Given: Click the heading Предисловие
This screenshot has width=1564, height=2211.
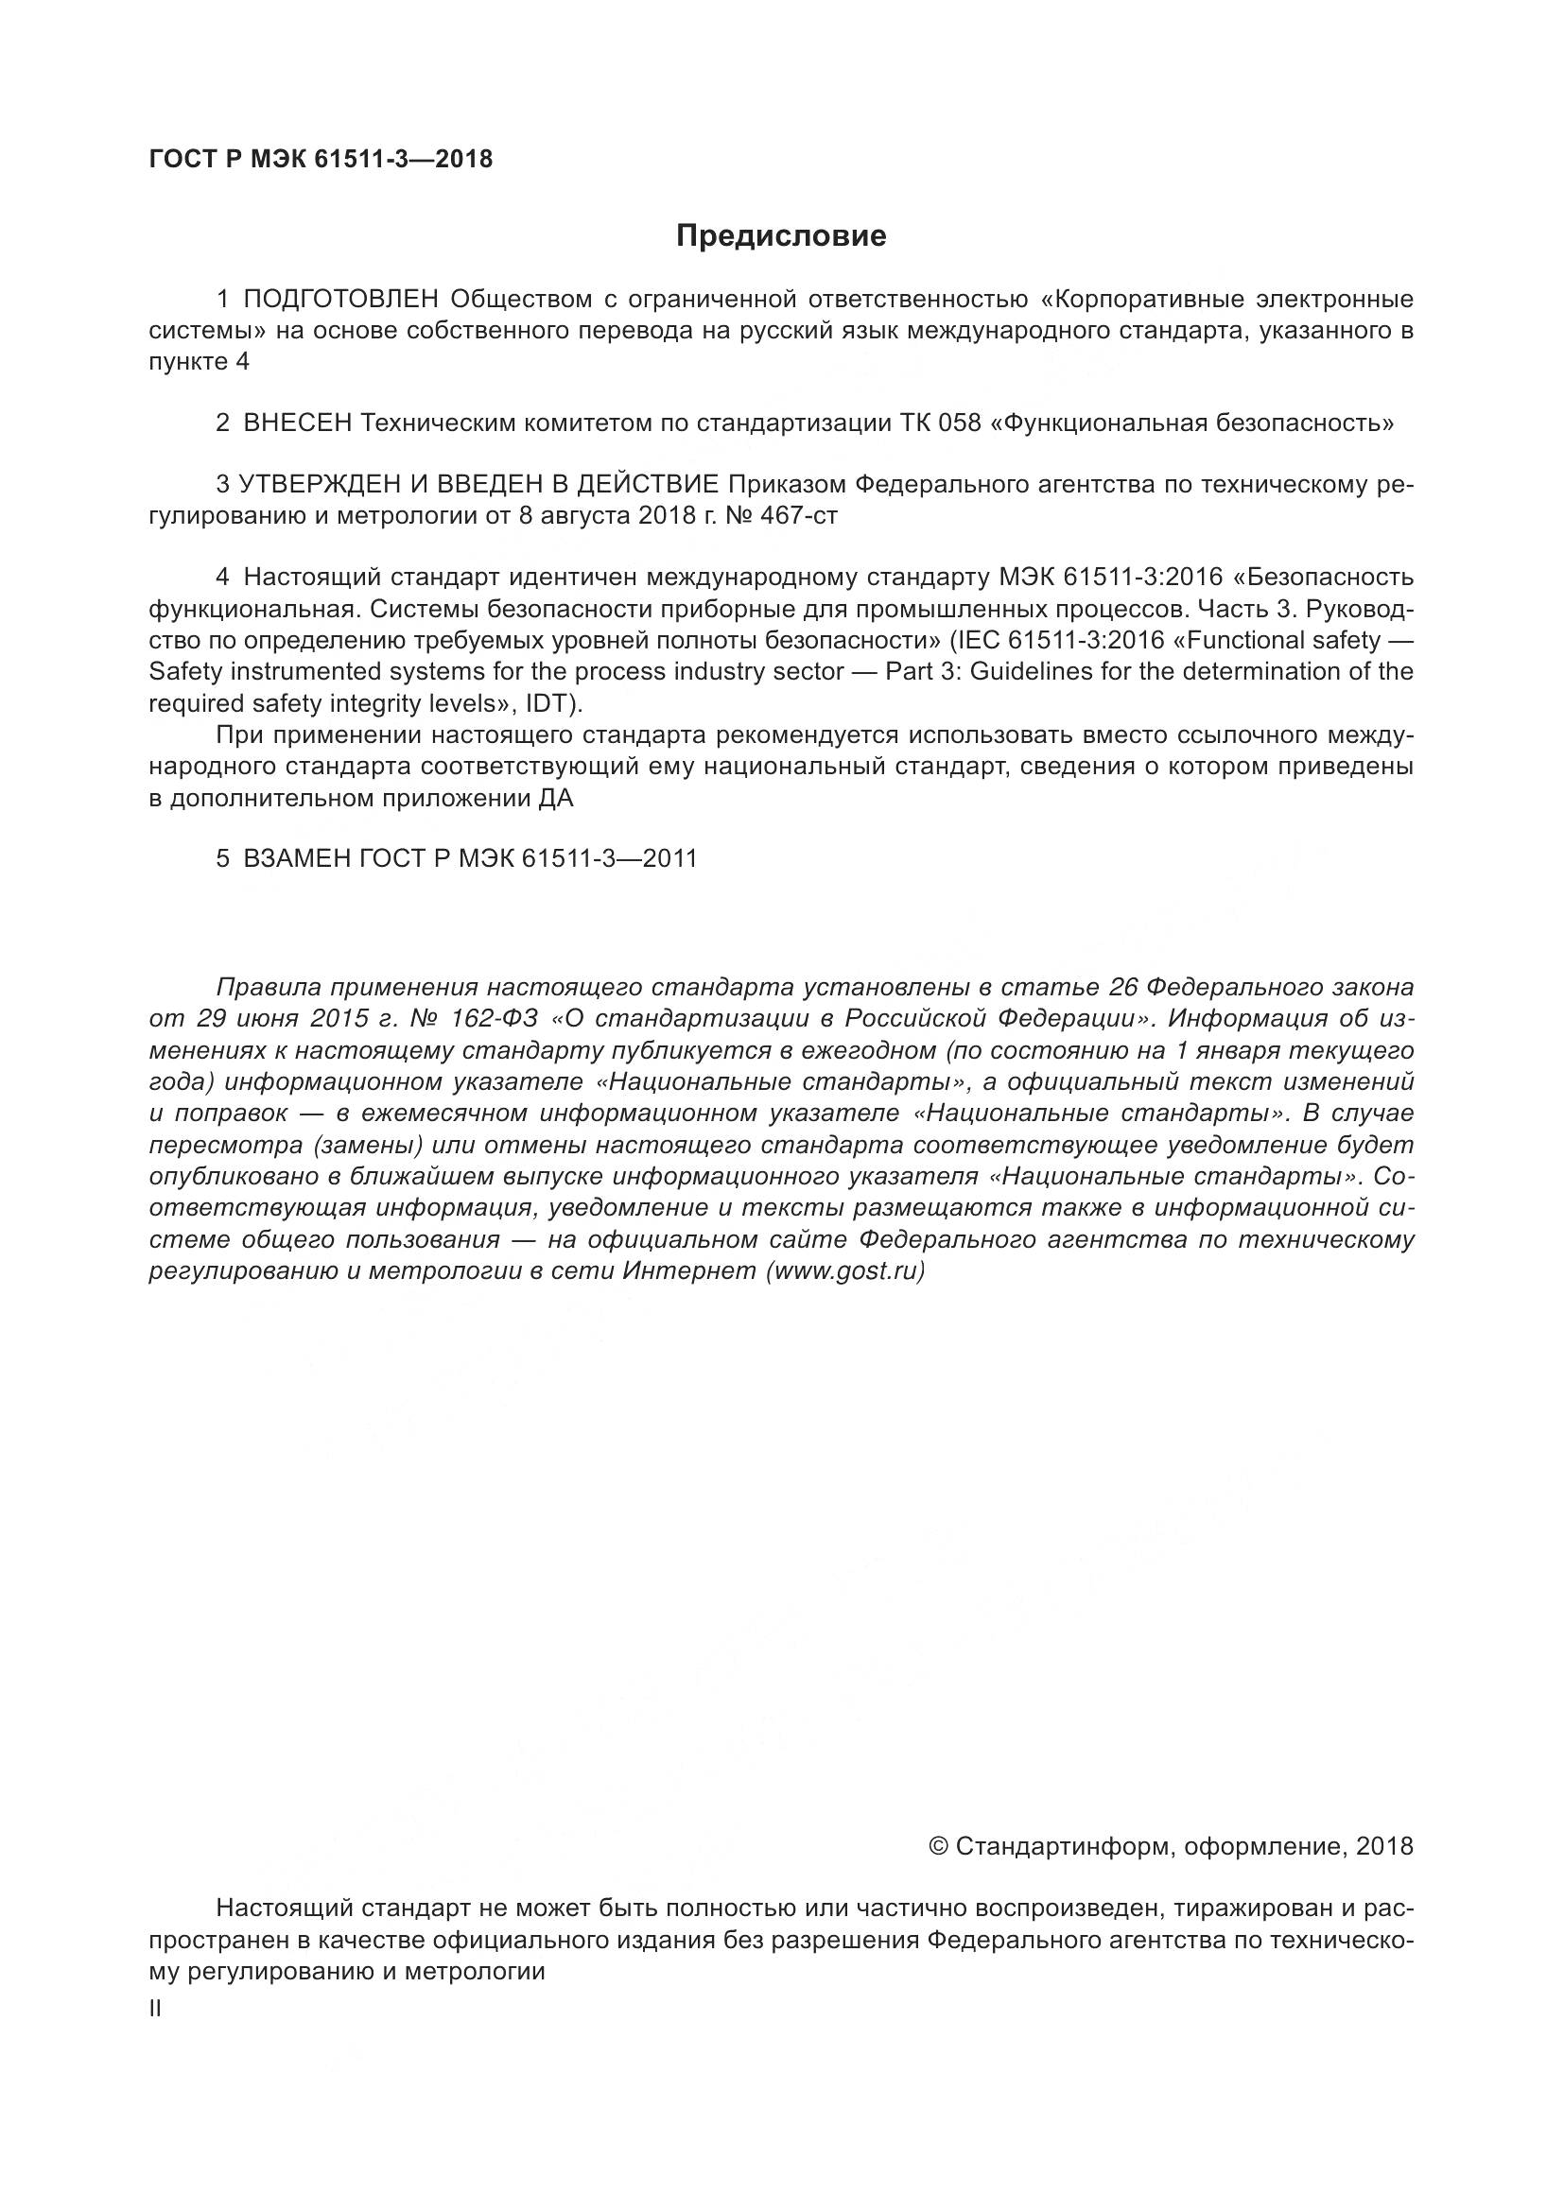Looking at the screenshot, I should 781,236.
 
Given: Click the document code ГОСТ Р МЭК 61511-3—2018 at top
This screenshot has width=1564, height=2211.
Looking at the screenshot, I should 321,159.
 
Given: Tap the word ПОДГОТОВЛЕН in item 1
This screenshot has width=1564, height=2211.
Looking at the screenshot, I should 341,299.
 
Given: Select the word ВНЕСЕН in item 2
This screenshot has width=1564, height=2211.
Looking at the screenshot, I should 299,423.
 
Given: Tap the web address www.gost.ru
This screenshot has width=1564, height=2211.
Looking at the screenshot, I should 844,1271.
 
